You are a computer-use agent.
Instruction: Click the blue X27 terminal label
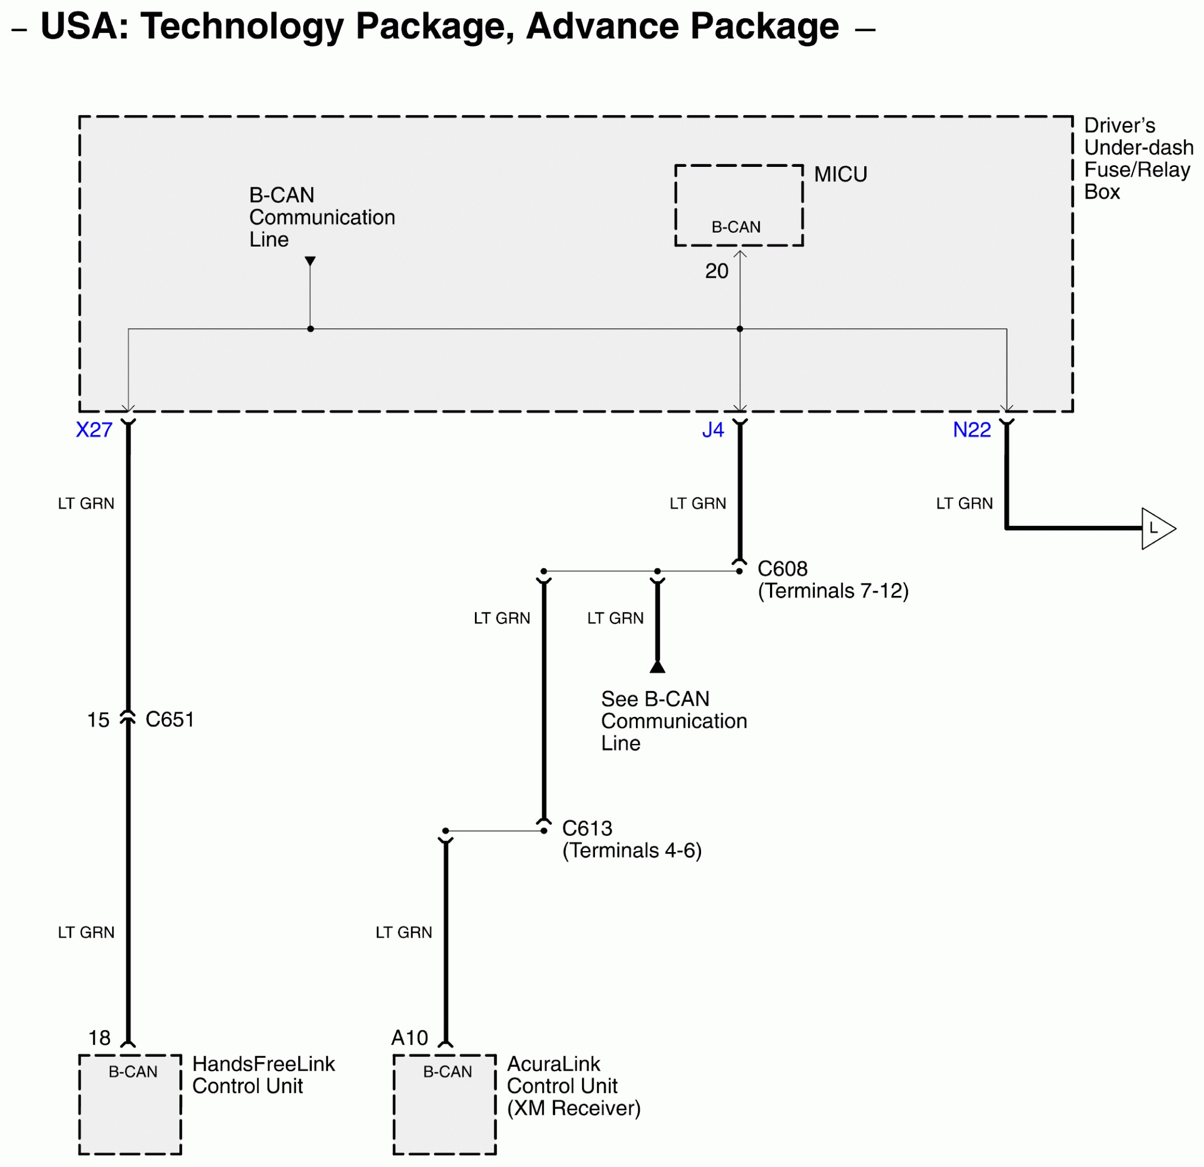point(94,430)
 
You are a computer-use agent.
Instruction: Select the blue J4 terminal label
point(712,430)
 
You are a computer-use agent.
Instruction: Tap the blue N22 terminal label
point(972,430)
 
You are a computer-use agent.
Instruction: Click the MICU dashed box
point(739,206)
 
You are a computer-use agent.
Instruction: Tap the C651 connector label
point(170,719)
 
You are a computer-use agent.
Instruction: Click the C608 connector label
point(782,569)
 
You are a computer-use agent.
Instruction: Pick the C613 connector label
point(587,828)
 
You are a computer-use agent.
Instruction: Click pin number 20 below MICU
point(716,271)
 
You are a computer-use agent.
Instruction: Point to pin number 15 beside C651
point(99,720)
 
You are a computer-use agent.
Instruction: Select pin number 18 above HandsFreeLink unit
point(100,1038)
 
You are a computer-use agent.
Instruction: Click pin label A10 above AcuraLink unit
point(410,1038)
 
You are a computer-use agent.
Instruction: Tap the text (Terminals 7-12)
point(833,591)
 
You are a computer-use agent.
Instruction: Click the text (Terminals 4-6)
point(632,850)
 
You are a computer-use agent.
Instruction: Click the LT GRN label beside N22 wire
point(964,504)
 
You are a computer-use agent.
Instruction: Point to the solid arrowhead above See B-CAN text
point(657,666)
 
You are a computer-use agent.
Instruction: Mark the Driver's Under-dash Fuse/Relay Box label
point(1138,158)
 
